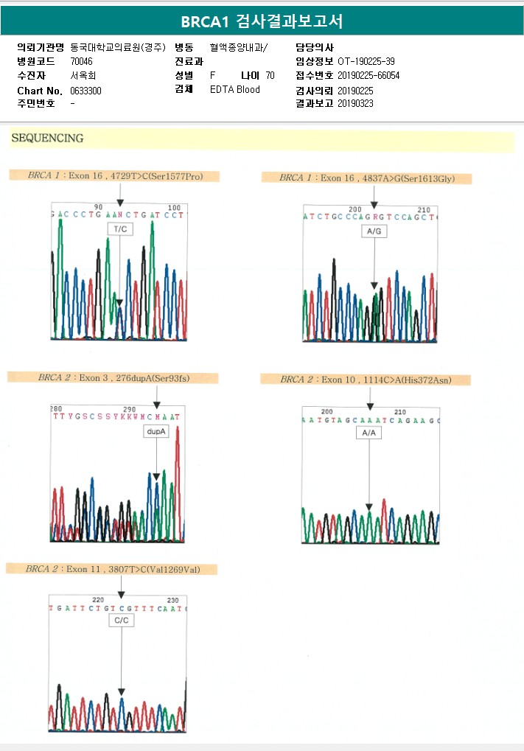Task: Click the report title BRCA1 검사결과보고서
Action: click(x=262, y=21)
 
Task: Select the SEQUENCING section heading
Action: click(x=47, y=138)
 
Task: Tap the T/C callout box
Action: click(x=119, y=229)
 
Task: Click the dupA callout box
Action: click(x=156, y=431)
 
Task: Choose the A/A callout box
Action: click(x=369, y=433)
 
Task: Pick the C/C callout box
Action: click(x=121, y=621)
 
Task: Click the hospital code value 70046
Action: click(x=82, y=61)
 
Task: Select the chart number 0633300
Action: click(x=86, y=90)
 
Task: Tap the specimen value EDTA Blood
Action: click(x=235, y=90)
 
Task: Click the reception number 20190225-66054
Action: click(x=368, y=75)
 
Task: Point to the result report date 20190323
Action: click(x=355, y=104)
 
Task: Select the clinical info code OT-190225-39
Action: click(x=366, y=61)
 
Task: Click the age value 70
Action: click(x=270, y=75)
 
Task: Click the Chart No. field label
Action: click(x=39, y=90)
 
